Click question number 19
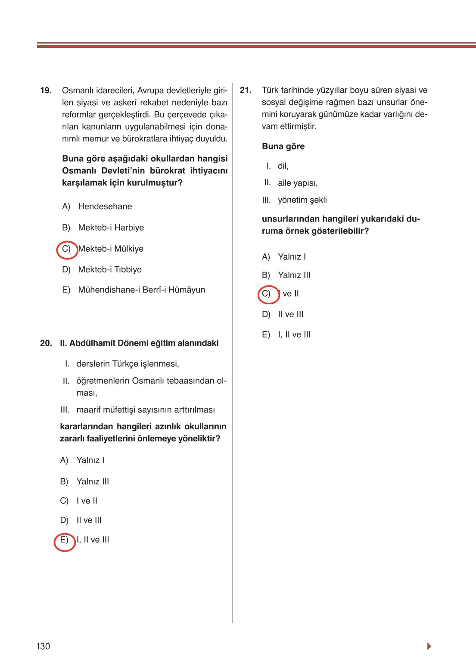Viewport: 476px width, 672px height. (x=46, y=91)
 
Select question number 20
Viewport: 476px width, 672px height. (x=46, y=343)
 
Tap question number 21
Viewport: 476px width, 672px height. (x=246, y=90)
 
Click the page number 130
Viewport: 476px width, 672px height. (x=43, y=646)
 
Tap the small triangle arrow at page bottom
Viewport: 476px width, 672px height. (x=429, y=646)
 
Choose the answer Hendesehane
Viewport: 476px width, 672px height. (x=105, y=206)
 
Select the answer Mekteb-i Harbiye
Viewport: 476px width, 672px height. (x=111, y=228)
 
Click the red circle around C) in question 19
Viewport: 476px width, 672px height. (x=67, y=249)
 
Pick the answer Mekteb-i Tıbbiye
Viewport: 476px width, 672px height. (x=109, y=269)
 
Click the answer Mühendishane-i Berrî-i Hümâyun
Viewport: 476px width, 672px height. (x=141, y=290)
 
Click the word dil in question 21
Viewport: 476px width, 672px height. (x=283, y=166)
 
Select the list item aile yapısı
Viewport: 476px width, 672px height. (x=297, y=183)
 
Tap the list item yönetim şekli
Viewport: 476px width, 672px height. (x=302, y=200)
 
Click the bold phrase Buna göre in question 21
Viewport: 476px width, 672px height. (x=283, y=147)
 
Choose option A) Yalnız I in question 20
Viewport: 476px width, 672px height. (x=90, y=460)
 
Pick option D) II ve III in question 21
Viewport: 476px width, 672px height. (x=290, y=314)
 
